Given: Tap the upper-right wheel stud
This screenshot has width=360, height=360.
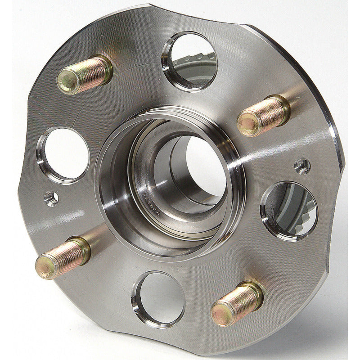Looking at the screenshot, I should (263, 115).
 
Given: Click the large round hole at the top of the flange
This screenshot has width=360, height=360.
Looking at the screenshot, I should (190, 61).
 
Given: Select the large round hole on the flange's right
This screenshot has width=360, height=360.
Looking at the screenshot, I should (288, 211).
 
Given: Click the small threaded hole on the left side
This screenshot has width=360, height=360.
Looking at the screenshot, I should (51, 198).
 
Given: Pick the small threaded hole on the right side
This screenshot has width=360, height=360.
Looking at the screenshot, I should (302, 166).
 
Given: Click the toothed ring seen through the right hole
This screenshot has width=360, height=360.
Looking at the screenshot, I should (297, 216).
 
